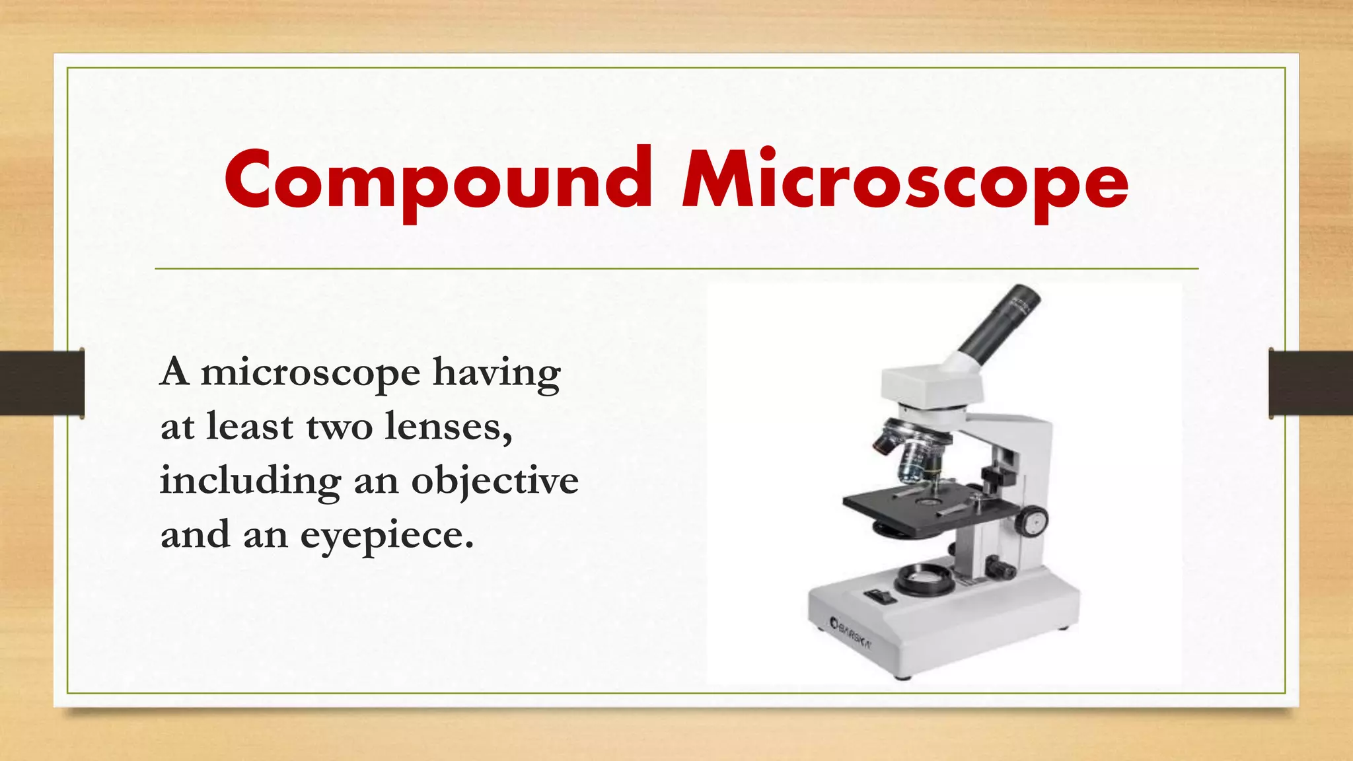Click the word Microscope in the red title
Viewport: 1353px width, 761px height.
point(905,181)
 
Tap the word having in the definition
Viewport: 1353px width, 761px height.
point(497,373)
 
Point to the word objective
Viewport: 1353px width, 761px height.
point(495,481)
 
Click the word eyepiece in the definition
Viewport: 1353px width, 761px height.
point(387,535)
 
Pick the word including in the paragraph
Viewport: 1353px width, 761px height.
point(250,481)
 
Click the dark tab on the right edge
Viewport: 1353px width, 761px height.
point(1311,383)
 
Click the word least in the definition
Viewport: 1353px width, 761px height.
point(250,427)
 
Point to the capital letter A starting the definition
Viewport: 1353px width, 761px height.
point(174,373)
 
